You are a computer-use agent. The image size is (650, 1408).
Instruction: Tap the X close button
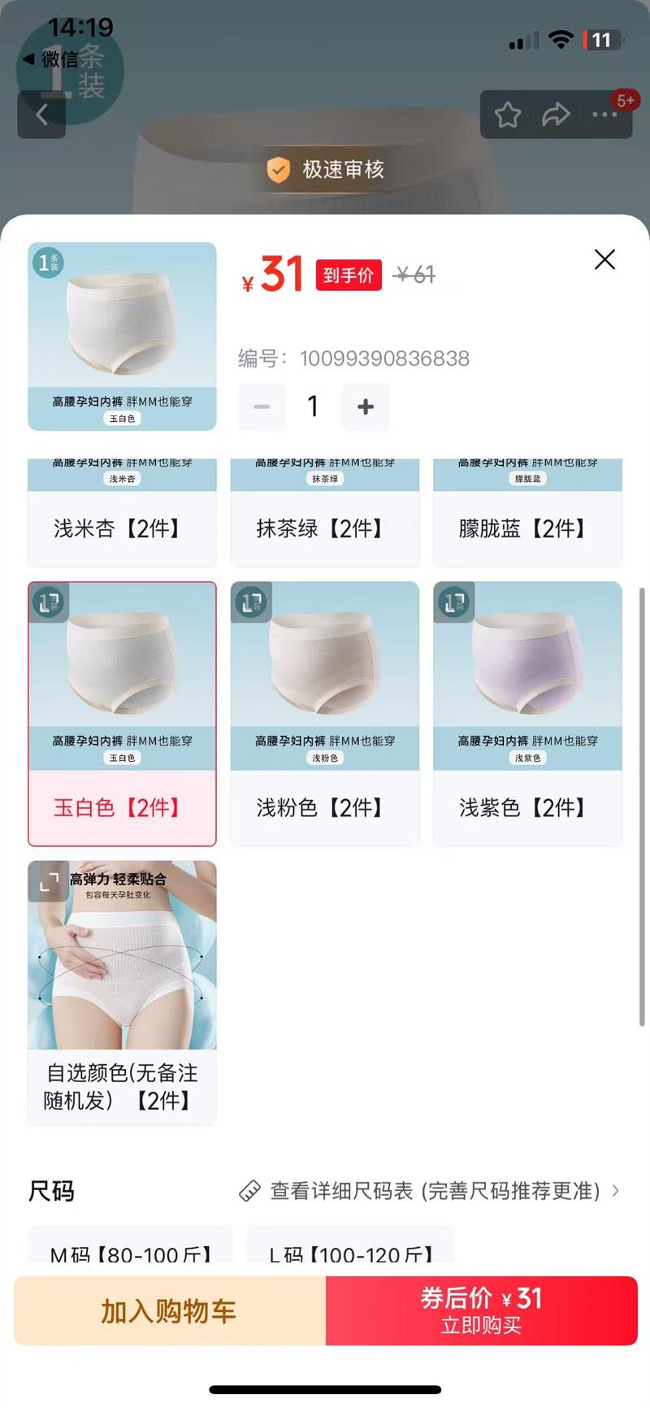click(x=604, y=259)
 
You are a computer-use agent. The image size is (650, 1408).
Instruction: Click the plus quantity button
click(x=366, y=406)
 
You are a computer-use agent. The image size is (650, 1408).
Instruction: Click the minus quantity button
click(x=262, y=406)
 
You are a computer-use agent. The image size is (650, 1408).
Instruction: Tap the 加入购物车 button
click(x=170, y=1310)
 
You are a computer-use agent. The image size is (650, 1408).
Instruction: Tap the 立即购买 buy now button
click(x=481, y=1310)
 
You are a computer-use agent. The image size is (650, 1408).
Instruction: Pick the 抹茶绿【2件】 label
click(x=324, y=528)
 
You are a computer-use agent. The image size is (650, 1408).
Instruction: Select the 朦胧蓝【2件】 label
click(x=527, y=528)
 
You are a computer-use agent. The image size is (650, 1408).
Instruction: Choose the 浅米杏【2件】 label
click(x=122, y=528)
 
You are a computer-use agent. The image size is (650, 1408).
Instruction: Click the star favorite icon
click(x=508, y=115)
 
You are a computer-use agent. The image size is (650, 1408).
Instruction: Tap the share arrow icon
click(x=556, y=115)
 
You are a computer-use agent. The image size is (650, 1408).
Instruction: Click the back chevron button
click(x=41, y=115)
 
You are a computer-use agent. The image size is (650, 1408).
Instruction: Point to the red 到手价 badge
click(x=348, y=276)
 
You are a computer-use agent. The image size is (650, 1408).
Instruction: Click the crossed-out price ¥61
click(x=414, y=276)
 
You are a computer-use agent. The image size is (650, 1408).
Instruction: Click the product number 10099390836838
click(x=384, y=359)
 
